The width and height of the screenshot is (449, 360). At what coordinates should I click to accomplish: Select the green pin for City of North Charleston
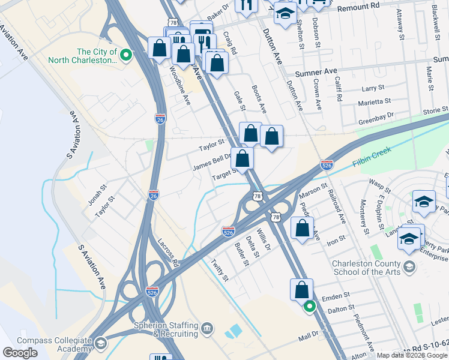pos(126,56)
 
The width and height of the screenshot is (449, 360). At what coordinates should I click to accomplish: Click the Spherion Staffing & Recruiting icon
pos(207,328)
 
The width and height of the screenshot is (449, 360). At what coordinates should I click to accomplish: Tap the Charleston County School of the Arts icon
pos(409,266)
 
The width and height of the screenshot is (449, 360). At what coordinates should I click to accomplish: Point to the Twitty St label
pos(220,269)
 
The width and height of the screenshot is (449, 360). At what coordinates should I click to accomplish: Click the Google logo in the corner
pos(20,353)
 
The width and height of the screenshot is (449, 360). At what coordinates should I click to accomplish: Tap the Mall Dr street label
pos(310,337)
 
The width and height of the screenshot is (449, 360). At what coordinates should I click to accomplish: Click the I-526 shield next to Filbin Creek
pos(327,164)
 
